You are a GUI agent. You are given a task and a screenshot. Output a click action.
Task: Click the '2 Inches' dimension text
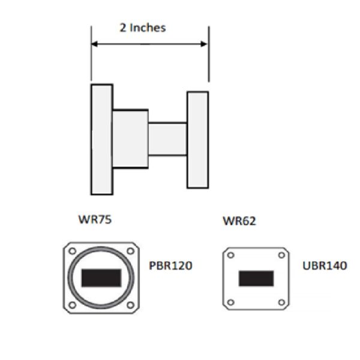[142, 28]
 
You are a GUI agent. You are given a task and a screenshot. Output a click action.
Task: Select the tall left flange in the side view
[102, 139]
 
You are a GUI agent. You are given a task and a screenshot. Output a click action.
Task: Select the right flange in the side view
[197, 139]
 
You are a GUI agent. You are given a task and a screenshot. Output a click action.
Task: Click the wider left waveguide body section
[130, 139]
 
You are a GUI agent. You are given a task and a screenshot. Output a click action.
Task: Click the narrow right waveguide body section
[167, 139]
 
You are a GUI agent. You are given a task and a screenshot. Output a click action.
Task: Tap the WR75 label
[95, 219]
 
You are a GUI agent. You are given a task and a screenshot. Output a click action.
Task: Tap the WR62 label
[239, 221]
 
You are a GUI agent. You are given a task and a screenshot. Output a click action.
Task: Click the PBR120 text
[170, 265]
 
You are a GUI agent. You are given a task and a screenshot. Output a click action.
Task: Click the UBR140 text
[325, 265]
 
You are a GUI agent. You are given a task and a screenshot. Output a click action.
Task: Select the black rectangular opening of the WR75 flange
[101, 277]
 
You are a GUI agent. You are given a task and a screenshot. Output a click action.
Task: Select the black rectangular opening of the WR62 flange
[256, 278]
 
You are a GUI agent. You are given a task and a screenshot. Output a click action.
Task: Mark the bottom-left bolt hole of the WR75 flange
[72, 304]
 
